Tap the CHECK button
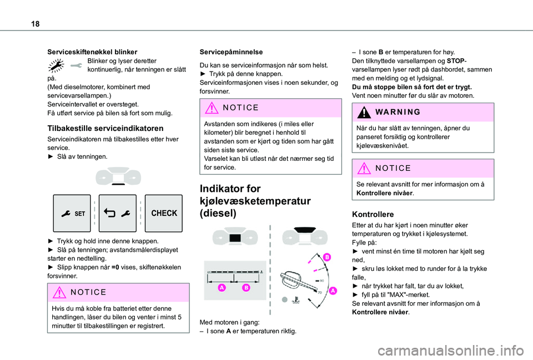point(164,213)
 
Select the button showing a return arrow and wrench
point(117,213)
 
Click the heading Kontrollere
point(373,214)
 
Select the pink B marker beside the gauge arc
point(326,257)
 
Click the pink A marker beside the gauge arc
point(333,290)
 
